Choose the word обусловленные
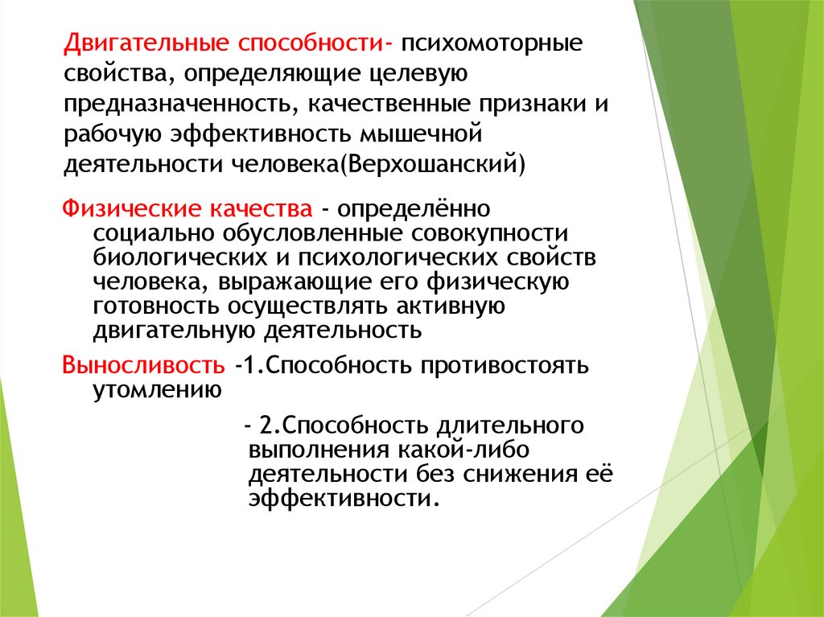pyautogui.click(x=311, y=234)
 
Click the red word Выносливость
pyautogui.click(x=144, y=366)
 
